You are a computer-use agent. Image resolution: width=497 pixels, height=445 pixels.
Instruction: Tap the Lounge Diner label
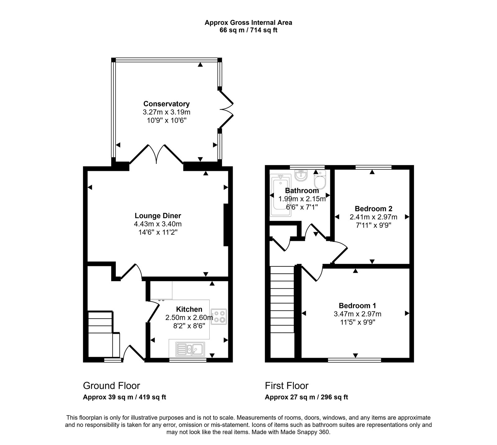click(158, 216)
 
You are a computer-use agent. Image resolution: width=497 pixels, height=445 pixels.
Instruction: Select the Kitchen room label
click(189, 309)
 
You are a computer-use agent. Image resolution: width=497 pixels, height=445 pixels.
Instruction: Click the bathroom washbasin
click(301, 176)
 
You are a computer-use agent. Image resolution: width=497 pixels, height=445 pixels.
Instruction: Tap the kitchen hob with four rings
click(219, 316)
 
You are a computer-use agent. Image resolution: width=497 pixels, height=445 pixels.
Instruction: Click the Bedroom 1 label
click(358, 305)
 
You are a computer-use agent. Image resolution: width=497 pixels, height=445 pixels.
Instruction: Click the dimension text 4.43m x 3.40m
click(158, 224)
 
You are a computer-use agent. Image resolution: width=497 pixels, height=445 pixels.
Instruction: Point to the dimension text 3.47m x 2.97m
click(358, 314)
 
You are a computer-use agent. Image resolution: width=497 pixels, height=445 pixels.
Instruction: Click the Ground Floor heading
click(111, 386)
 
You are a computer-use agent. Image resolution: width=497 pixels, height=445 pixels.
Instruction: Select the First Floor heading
click(286, 386)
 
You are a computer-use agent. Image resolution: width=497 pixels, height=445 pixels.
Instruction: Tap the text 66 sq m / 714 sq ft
click(248, 30)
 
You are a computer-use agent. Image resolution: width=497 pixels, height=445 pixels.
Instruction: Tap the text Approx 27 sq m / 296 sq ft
click(306, 397)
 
